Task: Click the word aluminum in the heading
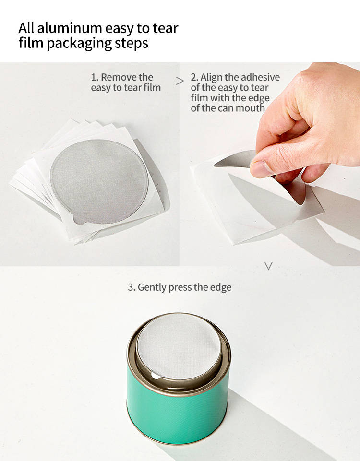click(x=69, y=28)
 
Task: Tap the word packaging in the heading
click(x=79, y=44)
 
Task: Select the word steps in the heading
click(x=131, y=44)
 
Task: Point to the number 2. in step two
click(x=194, y=77)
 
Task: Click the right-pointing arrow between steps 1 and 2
click(x=180, y=81)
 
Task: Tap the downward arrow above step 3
click(x=268, y=266)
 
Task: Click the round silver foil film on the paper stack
click(x=98, y=181)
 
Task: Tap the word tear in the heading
click(x=165, y=28)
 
